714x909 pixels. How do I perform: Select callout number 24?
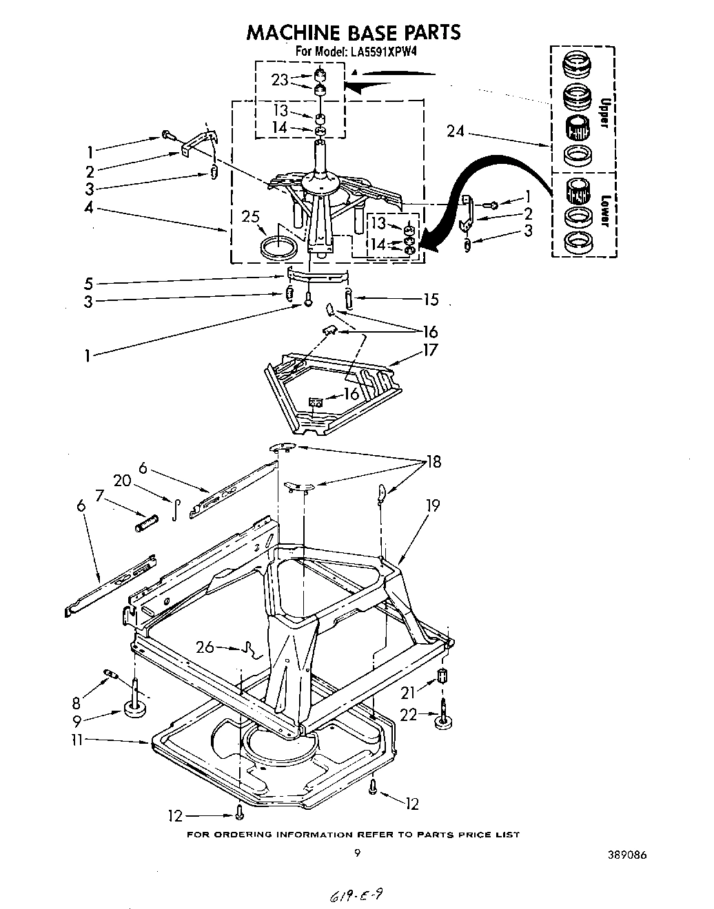point(455,130)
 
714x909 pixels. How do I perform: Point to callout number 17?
point(430,350)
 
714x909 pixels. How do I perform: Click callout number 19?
point(432,505)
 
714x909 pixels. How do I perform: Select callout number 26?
point(205,647)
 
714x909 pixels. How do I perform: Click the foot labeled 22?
point(445,721)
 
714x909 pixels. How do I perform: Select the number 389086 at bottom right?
point(624,856)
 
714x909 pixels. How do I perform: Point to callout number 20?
point(123,481)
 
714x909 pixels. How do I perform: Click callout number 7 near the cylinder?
point(99,494)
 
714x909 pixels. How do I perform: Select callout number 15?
point(431,300)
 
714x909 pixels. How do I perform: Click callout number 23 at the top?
point(279,80)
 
